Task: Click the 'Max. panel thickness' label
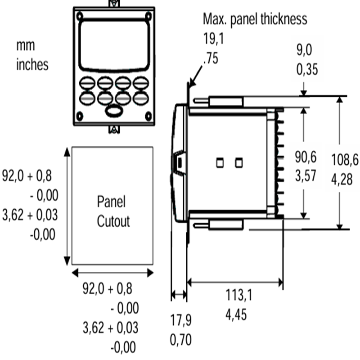point(255,19)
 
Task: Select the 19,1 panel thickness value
point(213,39)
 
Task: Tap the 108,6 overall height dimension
point(345,160)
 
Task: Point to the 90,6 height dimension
point(306,157)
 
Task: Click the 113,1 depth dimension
point(239,295)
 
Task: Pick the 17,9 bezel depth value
point(181,320)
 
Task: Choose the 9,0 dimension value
point(304,50)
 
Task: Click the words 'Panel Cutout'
point(113,211)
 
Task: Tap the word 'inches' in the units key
point(32,64)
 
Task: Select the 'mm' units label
point(26,46)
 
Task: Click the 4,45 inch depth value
point(236,315)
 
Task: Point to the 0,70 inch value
point(181,340)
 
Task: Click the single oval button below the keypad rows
point(114,110)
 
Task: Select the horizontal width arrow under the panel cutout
point(112,273)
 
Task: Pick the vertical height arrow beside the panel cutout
point(67,206)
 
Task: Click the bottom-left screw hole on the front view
point(80,116)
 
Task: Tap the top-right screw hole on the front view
point(148,16)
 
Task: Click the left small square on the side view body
point(220,163)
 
